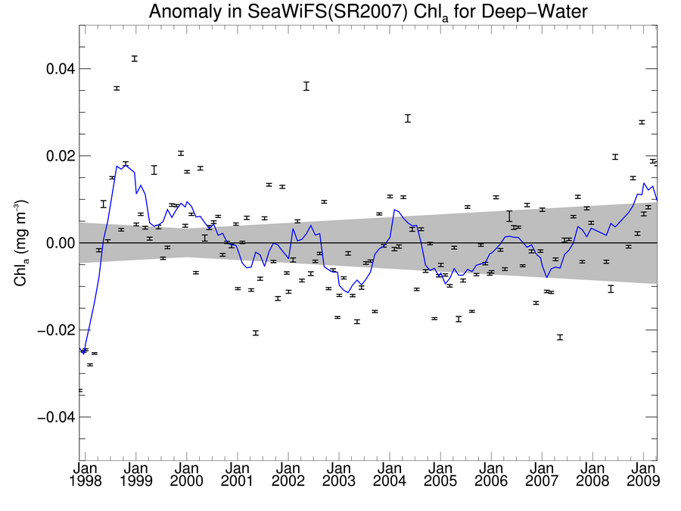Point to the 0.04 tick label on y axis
click(57, 69)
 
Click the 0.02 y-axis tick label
click(57, 156)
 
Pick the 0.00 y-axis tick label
click(57, 243)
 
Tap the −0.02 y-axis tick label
click(53, 330)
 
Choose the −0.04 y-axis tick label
click(53, 417)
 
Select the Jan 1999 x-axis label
click(136, 475)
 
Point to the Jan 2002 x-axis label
click(288, 475)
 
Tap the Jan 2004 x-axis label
click(390, 475)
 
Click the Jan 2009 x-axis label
click(643, 475)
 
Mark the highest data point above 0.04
click(134, 58)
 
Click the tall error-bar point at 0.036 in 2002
click(306, 86)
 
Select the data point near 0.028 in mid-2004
click(407, 118)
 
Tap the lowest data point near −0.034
click(80, 391)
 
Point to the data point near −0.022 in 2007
click(559, 337)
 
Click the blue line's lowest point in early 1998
click(83, 353)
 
